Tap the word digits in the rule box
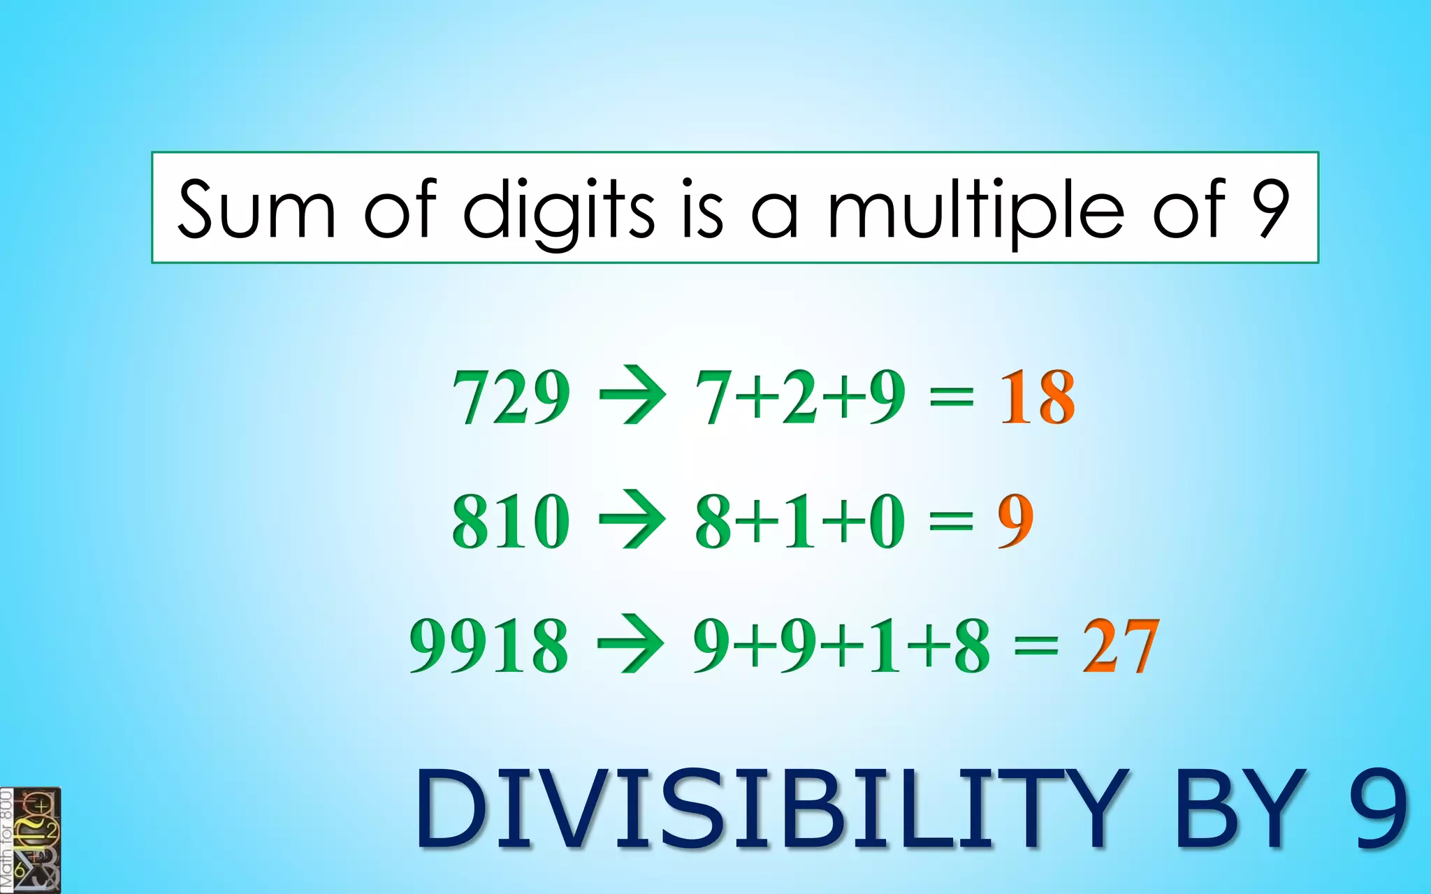(559, 210)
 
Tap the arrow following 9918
(631, 643)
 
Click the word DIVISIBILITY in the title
(770, 809)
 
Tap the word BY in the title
(1240, 809)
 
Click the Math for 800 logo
(31, 840)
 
